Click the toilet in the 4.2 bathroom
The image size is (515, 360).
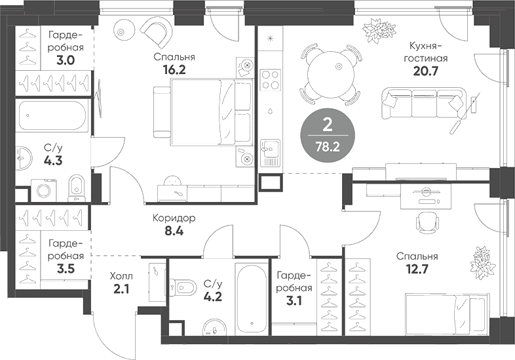[184, 287]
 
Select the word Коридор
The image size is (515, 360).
[175, 218]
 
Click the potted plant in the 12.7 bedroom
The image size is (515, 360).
[482, 260]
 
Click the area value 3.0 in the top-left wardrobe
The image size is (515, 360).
[65, 60]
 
